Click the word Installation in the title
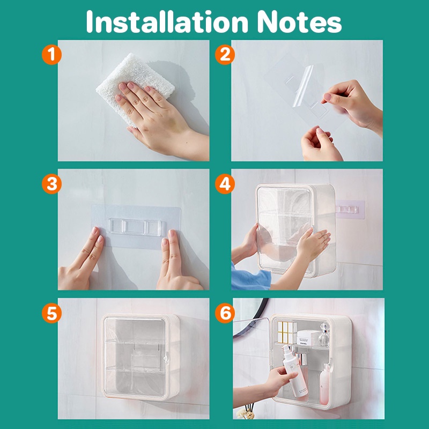tap(167, 21)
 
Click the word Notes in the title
tap(299, 22)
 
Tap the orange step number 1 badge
tap(51, 55)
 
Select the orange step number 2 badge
tap(225, 55)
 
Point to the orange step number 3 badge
tap(51, 184)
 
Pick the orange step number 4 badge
tap(225, 184)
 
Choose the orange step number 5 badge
tap(51, 313)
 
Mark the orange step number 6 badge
tap(225, 313)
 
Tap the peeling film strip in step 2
tap(303, 86)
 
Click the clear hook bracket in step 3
tap(136, 227)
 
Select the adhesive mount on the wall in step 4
tap(351, 210)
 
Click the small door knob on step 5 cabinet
tap(165, 358)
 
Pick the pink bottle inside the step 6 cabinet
tap(324, 384)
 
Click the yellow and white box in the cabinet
tap(286, 332)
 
